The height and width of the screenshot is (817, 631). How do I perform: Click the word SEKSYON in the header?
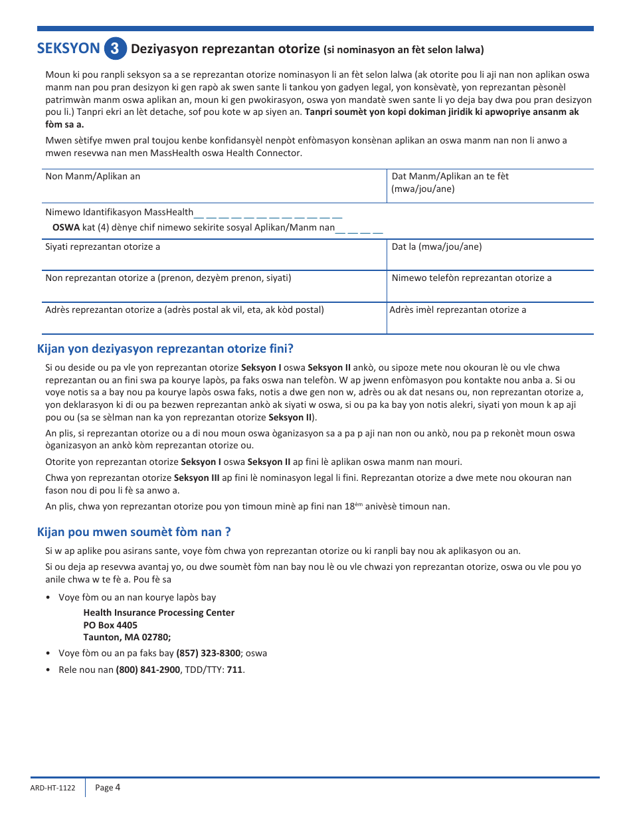click(68, 48)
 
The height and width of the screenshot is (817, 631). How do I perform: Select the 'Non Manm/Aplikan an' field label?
click(93, 176)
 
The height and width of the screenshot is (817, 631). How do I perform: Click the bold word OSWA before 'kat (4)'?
click(66, 227)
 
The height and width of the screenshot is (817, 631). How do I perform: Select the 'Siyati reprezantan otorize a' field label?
click(102, 246)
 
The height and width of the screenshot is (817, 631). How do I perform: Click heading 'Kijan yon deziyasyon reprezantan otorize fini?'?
click(165, 349)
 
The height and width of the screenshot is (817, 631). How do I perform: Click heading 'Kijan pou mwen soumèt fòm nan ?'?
click(134, 532)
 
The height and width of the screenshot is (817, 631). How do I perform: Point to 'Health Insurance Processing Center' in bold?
click(159, 612)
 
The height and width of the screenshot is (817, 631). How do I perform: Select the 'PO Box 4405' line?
click(110, 625)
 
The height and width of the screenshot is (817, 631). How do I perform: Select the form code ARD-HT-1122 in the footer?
click(52, 788)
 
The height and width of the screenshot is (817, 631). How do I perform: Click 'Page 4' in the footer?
click(108, 788)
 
